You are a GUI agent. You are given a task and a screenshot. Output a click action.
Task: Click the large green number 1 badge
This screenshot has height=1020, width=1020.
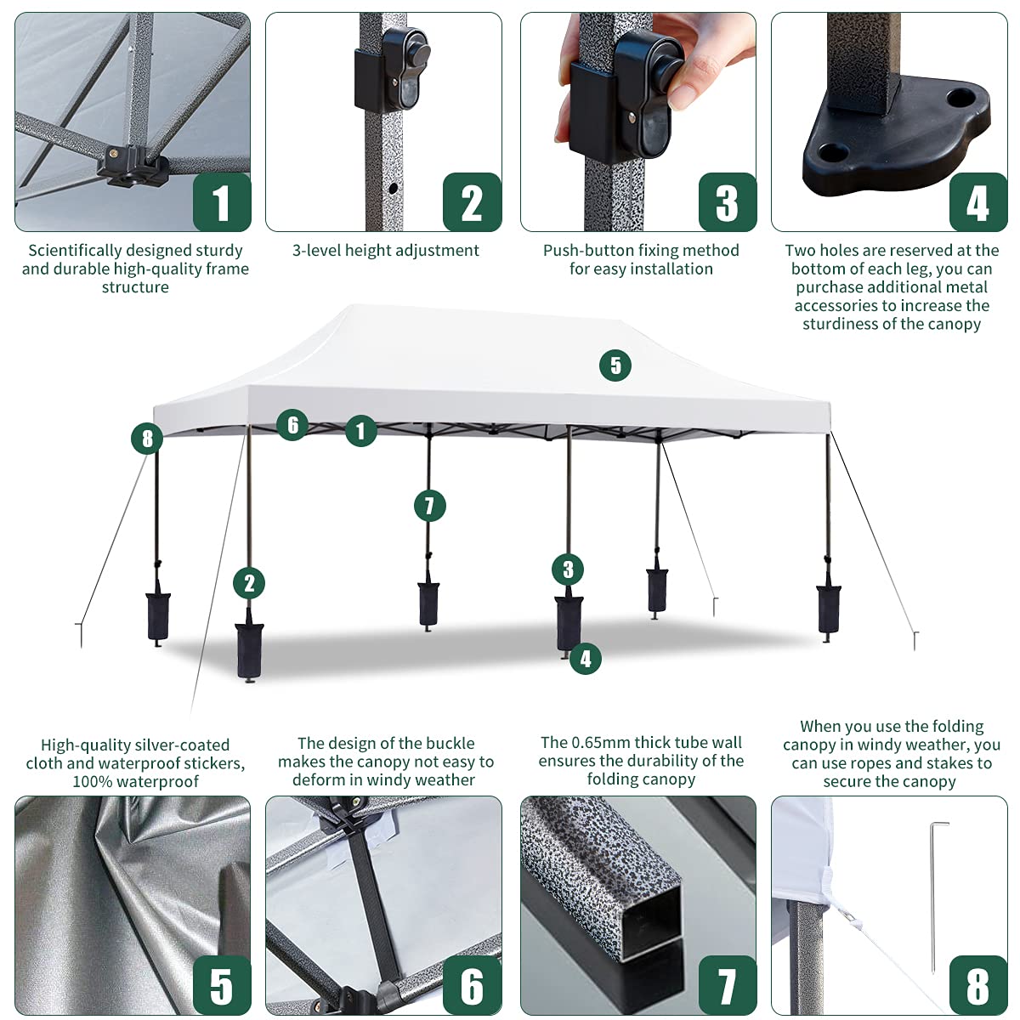point(222,202)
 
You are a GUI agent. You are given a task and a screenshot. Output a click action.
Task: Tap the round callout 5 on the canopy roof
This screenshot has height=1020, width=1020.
point(615,365)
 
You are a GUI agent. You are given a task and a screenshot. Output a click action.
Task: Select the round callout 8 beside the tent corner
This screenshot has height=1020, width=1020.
point(147,439)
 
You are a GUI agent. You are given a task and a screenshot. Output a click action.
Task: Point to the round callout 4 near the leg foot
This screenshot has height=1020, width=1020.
point(585,658)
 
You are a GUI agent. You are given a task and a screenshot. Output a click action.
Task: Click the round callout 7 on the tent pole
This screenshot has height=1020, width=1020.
point(429,507)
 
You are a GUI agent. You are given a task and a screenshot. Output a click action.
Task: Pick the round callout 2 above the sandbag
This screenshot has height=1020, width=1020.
point(249,583)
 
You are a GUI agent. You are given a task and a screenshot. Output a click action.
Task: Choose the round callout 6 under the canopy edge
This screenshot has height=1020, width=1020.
point(292,424)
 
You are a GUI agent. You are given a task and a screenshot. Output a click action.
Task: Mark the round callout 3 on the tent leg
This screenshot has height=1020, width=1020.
point(568,569)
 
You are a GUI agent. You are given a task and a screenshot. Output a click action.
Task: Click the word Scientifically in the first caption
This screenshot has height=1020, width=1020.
point(75,251)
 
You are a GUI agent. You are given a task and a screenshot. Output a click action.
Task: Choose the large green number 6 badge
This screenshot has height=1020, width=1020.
point(472,985)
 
